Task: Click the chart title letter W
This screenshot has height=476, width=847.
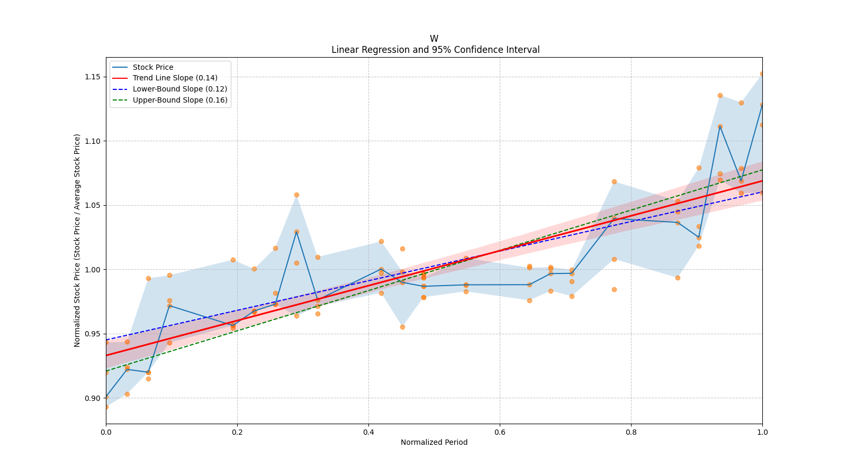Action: click(x=434, y=39)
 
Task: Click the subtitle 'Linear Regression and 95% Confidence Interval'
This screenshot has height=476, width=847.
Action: click(x=435, y=50)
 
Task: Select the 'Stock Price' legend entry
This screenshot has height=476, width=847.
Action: click(x=153, y=67)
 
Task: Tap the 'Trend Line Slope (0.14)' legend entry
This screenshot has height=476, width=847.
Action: click(x=175, y=78)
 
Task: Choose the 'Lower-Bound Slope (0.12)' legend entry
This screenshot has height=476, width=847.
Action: click(x=179, y=89)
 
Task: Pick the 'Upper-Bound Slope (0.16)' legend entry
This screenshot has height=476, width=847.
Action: click(x=180, y=100)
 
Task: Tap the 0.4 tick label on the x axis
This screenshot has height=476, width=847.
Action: click(x=368, y=432)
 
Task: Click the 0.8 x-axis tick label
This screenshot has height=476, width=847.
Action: click(x=631, y=432)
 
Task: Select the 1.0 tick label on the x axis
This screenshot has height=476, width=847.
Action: click(x=762, y=432)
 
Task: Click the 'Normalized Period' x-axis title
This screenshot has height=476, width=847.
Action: click(x=434, y=442)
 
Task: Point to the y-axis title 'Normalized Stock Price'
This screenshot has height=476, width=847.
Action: click(x=77, y=240)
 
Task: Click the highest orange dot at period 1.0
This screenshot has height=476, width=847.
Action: click(x=762, y=74)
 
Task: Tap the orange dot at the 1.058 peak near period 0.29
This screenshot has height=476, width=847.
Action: click(x=296, y=195)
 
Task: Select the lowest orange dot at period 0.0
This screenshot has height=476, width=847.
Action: click(x=106, y=407)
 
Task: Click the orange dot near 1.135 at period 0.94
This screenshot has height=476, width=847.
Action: click(x=720, y=95)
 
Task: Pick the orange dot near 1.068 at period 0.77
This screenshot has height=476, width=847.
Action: click(x=614, y=181)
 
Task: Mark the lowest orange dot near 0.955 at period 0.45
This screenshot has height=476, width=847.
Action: click(x=402, y=327)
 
